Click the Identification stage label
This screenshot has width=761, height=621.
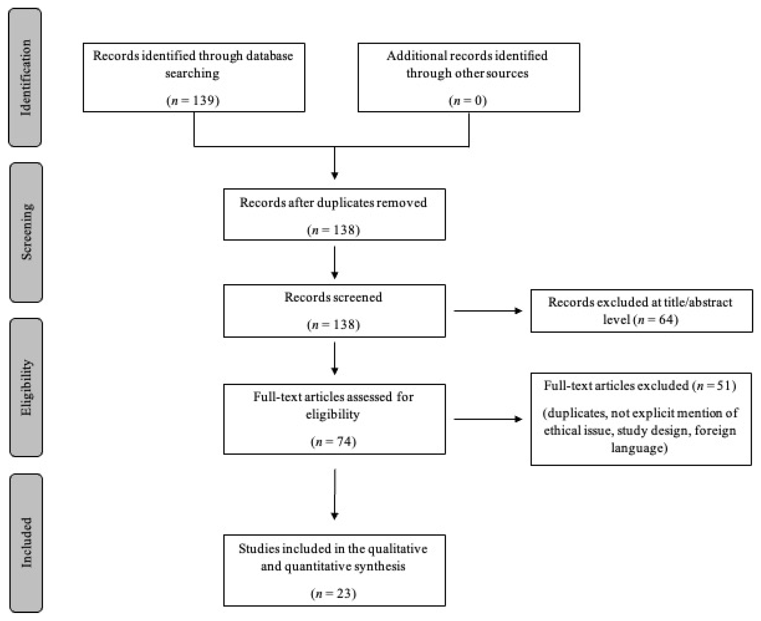[25, 77]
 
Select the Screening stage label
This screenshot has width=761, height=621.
[26, 232]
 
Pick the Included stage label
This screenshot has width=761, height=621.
[26, 542]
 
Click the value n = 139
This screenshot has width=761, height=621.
[193, 100]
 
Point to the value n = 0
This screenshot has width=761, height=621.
[468, 100]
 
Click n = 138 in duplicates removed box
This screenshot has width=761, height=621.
[334, 230]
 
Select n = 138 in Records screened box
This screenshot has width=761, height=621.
[334, 324]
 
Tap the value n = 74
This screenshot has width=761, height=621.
[334, 441]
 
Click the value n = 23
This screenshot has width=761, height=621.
[334, 593]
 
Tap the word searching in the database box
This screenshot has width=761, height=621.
[192, 73]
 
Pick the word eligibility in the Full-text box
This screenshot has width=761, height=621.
[333, 414]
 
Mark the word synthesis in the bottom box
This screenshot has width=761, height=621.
[380, 566]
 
